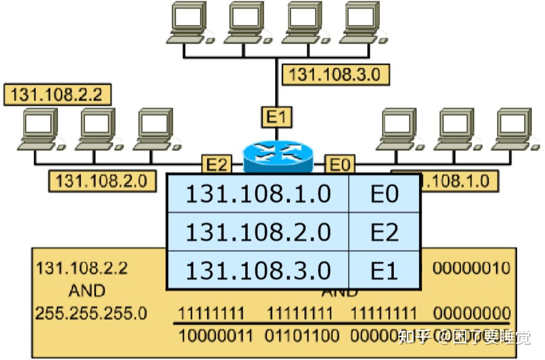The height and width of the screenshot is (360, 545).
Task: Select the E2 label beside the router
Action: [x=217, y=165]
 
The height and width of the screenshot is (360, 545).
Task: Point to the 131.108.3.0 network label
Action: [x=335, y=75]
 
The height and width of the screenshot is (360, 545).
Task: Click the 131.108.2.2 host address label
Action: [x=57, y=95]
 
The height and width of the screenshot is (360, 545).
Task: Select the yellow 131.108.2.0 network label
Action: [x=102, y=181]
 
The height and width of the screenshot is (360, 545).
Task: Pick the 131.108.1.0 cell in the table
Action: [x=258, y=194]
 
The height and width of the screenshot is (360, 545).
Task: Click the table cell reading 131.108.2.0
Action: [x=258, y=232]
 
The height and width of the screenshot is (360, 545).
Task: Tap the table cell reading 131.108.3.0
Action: [x=258, y=271]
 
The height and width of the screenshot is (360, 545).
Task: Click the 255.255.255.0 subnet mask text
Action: [x=92, y=313]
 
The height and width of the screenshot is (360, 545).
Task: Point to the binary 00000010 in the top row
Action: [x=471, y=268]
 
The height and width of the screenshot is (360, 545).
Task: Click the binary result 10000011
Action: [x=215, y=336]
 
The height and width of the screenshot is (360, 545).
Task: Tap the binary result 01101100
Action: [x=303, y=336]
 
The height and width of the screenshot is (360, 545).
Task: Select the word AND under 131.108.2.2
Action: [x=86, y=290]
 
